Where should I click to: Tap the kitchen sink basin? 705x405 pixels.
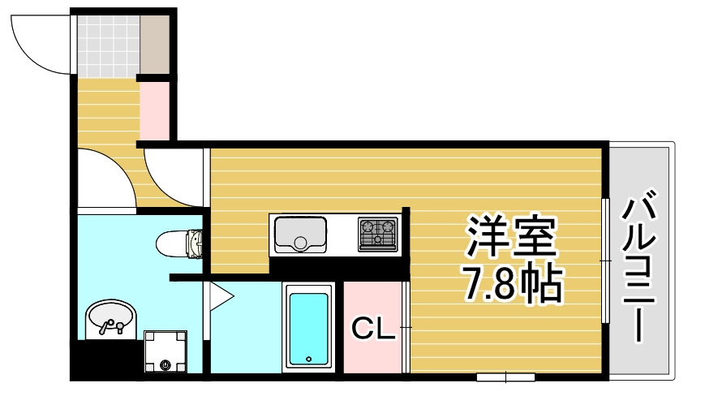300,234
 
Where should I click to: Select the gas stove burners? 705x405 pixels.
378,234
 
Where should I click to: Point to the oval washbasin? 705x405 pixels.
109,318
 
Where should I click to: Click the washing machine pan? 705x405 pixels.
166,352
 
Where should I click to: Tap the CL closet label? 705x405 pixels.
372,328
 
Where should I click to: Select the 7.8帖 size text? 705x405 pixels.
512,282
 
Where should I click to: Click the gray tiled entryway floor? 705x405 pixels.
108,45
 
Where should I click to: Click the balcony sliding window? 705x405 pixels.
605,260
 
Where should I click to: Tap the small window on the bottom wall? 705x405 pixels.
505,377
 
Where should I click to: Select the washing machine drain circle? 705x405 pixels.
166,364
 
